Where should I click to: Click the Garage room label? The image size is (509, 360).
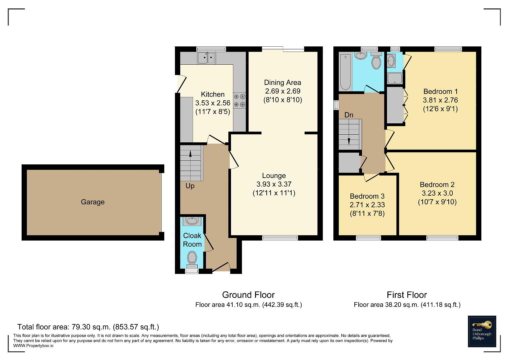pyautogui.click(x=93, y=202)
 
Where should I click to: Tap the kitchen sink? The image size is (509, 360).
pyautogui.click(x=206, y=58)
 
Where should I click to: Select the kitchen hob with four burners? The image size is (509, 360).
pyautogui.click(x=240, y=100)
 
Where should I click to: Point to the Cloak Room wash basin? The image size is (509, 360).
pyautogui.click(x=192, y=221)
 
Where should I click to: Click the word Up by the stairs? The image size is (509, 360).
pyautogui.click(x=190, y=186)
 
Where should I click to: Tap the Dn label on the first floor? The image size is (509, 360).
pyautogui.click(x=349, y=115)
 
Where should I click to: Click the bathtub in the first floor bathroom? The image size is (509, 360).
pyautogui.click(x=345, y=72)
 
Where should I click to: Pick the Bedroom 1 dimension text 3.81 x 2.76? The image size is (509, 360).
pyautogui.click(x=440, y=100)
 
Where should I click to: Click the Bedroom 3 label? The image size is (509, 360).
pyautogui.click(x=367, y=196)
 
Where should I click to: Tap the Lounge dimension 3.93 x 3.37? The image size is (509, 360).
pyautogui.click(x=274, y=184)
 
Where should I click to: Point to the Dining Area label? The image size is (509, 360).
pyautogui.click(x=282, y=83)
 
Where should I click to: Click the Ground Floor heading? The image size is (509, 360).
pyautogui.click(x=248, y=295)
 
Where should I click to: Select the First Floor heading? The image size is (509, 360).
pyautogui.click(x=407, y=295)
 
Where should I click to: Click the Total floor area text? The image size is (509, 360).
pyautogui.click(x=88, y=327)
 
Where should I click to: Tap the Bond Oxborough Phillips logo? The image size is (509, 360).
pyautogui.click(x=482, y=331)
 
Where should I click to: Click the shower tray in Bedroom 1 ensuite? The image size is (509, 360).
pyautogui.click(x=395, y=78)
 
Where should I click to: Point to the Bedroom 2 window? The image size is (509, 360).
pyautogui.click(x=442, y=238)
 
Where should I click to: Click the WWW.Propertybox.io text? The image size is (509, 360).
pyautogui.click(x=33, y=346)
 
